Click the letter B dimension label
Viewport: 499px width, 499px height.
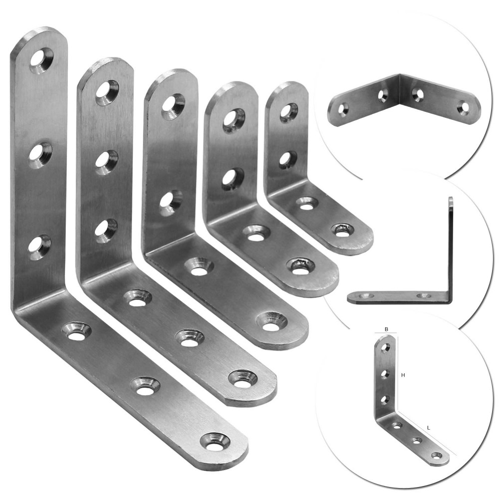[386, 329]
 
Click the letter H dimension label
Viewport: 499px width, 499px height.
[403, 375]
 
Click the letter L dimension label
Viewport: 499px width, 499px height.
[429, 428]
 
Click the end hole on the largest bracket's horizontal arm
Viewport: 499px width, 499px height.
[215, 442]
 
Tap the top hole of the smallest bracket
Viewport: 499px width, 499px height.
[288, 112]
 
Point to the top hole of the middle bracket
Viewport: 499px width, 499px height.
[173, 104]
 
